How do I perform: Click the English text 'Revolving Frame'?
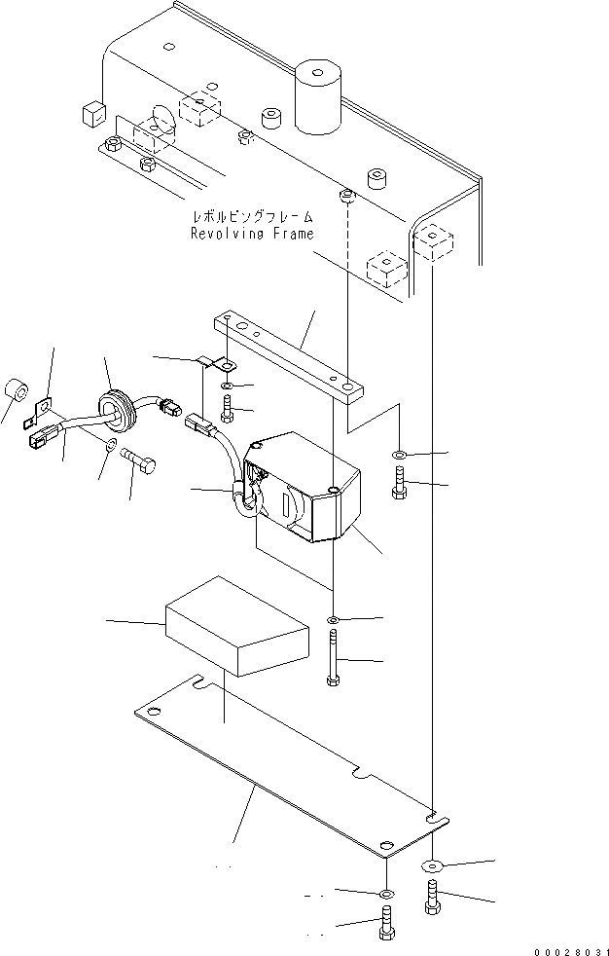[253, 234]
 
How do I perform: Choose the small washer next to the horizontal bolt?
[109, 444]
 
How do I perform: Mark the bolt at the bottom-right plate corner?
[431, 896]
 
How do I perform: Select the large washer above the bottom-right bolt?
[431, 865]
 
